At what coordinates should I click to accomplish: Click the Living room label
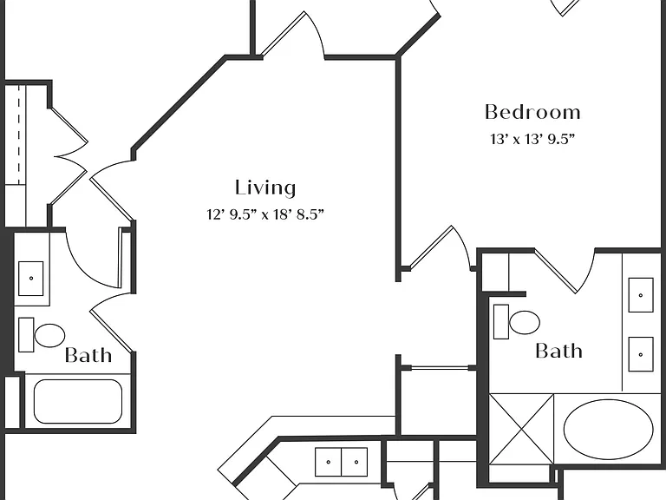pos(265,187)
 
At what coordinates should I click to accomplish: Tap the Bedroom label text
pos(532,112)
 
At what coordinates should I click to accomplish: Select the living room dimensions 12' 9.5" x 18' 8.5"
pos(265,214)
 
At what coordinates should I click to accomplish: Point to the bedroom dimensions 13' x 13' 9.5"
pos(532,139)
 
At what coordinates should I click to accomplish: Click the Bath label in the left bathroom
pos(88,355)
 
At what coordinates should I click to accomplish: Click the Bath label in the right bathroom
pos(558,352)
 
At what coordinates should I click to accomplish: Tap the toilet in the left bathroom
pos(42,335)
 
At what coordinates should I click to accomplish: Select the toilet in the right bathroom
pos(517,322)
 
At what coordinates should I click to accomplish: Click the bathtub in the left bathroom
pos(78,401)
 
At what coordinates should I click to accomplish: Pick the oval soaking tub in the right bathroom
pos(608,430)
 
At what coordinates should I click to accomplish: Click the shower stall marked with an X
pos(521,430)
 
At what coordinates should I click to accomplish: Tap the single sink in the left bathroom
pos(30,279)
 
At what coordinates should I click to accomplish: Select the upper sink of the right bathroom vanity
pos(641,295)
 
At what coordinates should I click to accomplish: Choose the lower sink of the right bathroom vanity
pos(641,354)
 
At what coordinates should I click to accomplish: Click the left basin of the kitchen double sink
pos(328,462)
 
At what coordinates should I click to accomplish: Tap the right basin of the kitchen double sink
pos(355,462)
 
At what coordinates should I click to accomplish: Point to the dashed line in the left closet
pos(19,135)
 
